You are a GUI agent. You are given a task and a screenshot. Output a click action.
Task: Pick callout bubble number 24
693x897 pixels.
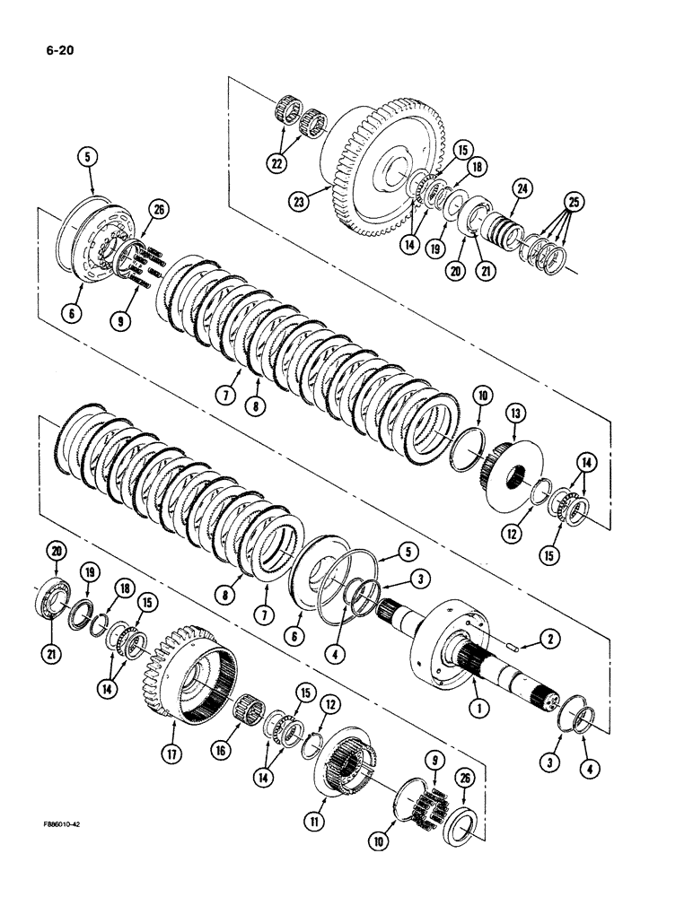(x=522, y=188)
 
